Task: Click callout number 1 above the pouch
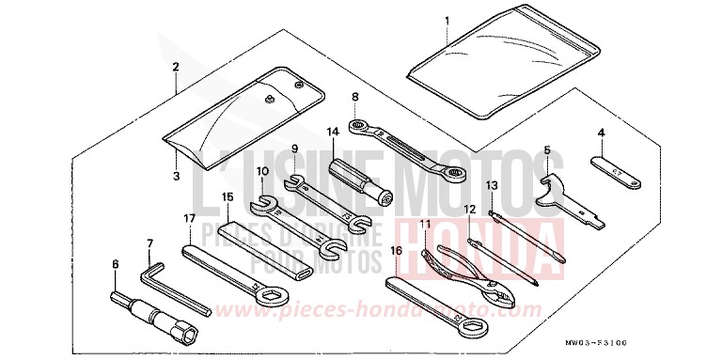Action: tap(447, 20)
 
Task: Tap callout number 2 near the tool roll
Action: tap(176, 67)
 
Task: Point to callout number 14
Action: tap(332, 132)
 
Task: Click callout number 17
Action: tap(189, 218)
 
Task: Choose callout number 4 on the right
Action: tap(601, 133)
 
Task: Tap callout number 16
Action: tap(397, 251)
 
